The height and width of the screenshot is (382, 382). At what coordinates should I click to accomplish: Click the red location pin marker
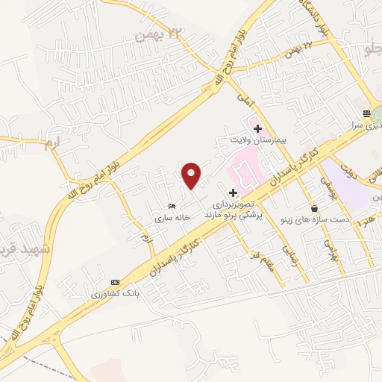coord(192,175)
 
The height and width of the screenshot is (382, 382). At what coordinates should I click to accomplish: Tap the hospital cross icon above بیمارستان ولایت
coord(257,128)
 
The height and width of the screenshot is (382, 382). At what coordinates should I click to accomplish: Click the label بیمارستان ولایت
coord(257,140)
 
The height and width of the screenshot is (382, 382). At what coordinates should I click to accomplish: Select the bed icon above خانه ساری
coord(173,206)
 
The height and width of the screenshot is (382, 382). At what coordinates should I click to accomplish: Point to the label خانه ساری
coord(173,218)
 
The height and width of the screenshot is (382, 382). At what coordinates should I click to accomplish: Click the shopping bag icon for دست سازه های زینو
coord(314,208)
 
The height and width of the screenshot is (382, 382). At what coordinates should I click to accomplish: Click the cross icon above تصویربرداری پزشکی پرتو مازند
coord(234,192)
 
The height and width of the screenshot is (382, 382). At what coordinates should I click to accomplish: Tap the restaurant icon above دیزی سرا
coord(366,113)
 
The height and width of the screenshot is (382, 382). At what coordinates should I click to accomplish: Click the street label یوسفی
coord(325,179)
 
